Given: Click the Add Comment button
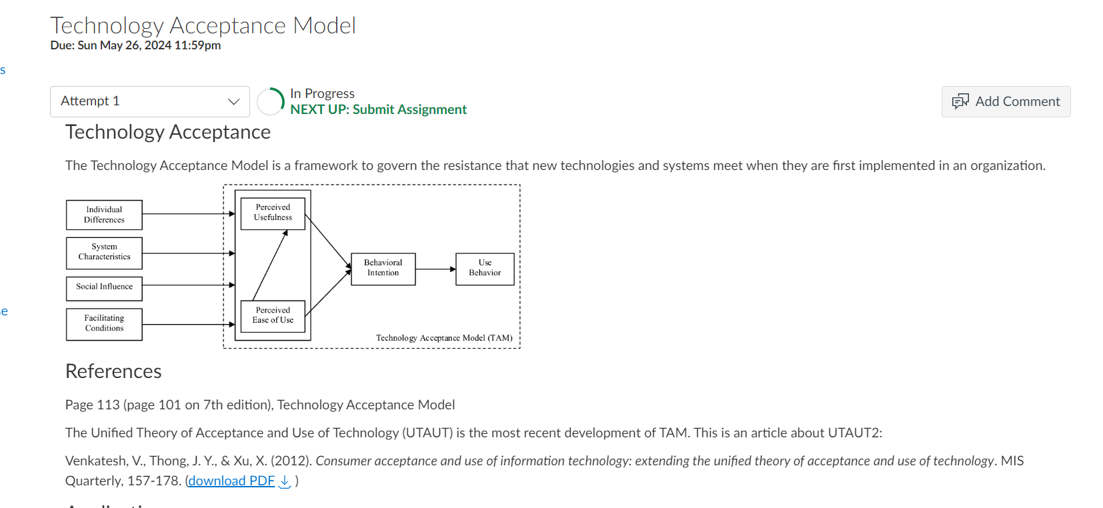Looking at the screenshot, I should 1006,101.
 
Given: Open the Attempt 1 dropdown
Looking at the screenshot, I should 149,101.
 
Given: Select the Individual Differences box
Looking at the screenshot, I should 104,215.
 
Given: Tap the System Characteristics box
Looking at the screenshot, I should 104,253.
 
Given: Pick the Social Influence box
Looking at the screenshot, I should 104,287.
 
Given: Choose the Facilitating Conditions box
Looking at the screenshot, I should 104,324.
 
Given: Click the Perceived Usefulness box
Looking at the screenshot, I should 273,213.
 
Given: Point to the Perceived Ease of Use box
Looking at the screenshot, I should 273,315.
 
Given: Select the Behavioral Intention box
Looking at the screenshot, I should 383,269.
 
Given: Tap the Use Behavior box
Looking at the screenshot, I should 485,269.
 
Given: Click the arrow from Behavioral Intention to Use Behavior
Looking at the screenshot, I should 435,269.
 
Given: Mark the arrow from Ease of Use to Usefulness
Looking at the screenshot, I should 270,265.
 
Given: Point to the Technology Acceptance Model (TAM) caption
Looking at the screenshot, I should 444,338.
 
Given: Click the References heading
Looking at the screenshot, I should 113,371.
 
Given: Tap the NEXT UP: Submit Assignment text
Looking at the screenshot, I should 378,110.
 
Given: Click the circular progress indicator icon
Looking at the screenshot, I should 271,101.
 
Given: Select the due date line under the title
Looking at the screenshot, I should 135,45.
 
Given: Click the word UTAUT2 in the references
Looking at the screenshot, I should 854,433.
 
